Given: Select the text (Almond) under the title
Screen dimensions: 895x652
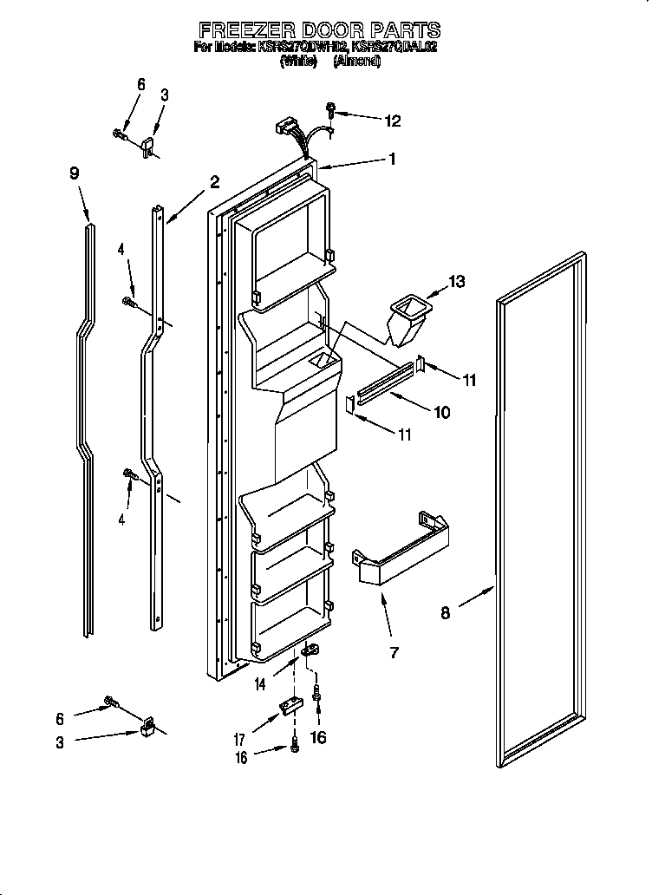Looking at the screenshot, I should (x=356, y=62).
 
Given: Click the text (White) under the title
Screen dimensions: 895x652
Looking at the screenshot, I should (x=298, y=62).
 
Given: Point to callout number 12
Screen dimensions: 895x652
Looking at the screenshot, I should (x=393, y=121).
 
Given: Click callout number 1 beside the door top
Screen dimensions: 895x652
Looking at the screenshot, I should (x=392, y=159).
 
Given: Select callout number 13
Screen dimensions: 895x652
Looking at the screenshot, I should (x=456, y=281).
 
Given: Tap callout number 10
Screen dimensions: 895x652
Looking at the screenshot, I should (x=441, y=413).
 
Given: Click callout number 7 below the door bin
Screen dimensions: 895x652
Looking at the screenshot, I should (x=394, y=652).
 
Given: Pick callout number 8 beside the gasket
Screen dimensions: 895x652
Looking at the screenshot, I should (x=445, y=613).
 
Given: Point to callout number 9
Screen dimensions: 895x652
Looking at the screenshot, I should (x=75, y=173).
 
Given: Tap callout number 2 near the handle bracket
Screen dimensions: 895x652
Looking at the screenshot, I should (x=213, y=182).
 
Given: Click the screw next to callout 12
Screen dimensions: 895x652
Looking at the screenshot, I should (x=332, y=110).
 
